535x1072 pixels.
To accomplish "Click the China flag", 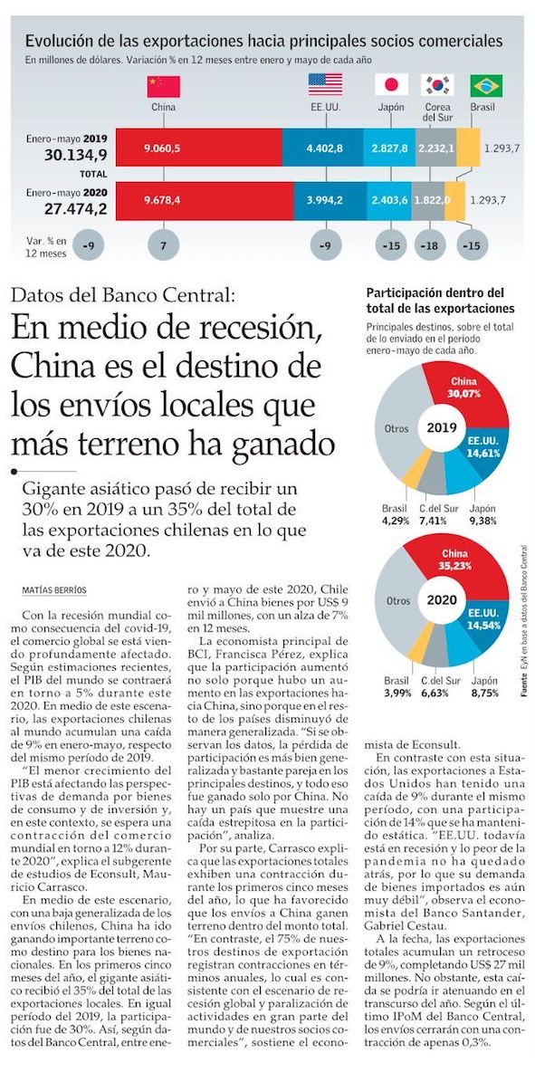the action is [x=163, y=86].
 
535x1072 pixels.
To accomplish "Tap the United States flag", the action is [x=325, y=84].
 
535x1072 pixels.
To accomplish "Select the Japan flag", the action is [x=391, y=84].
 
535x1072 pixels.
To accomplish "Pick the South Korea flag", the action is [x=437, y=84].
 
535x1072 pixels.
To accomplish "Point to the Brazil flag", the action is [x=486, y=85].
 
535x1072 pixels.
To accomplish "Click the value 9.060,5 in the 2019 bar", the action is [x=162, y=147].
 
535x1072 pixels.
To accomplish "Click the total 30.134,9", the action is [x=76, y=155].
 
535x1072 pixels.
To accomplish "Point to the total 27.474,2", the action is [x=76, y=209].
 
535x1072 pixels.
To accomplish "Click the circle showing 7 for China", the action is [x=163, y=244].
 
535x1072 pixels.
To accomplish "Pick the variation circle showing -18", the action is [x=431, y=244].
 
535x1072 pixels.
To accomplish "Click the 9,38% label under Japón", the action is [x=482, y=521].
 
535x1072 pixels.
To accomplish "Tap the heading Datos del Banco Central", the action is [x=123, y=295].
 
